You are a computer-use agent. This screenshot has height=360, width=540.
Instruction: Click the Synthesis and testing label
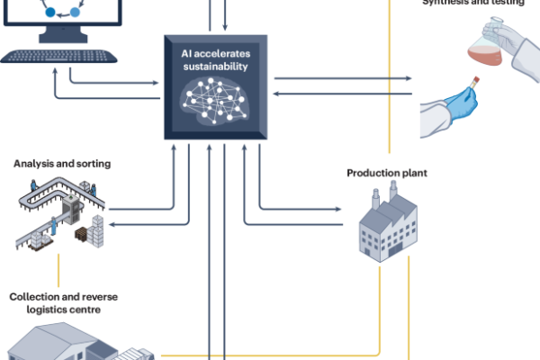472,3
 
